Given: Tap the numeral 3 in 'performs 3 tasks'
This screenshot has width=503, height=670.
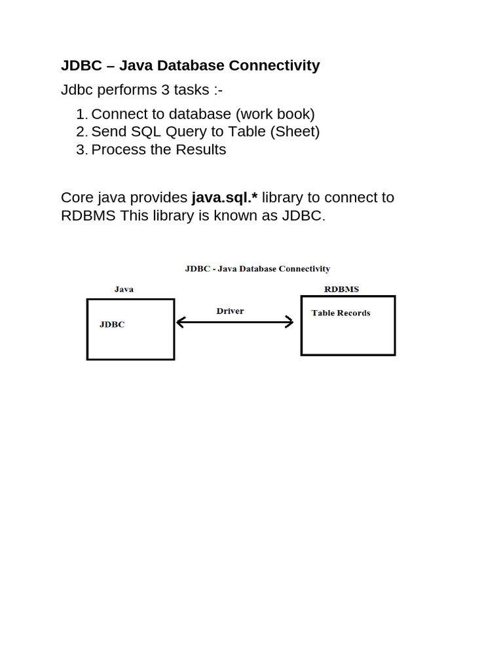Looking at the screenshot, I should (166, 90).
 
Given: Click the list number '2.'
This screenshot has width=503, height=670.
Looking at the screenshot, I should (81, 132).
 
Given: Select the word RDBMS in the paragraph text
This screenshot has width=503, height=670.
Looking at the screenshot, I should (88, 216).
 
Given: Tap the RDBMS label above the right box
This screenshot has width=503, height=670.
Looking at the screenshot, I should (341, 289).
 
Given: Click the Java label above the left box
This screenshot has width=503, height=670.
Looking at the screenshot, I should (124, 289).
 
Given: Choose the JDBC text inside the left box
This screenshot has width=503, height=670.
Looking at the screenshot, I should (112, 324).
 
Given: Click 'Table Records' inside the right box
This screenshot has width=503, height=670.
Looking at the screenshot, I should (341, 313).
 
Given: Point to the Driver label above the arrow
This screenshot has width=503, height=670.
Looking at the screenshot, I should (230, 311).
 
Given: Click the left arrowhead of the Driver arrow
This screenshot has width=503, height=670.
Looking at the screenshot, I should (181, 322).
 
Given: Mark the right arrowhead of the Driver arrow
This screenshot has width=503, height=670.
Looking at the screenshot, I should (289, 322).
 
